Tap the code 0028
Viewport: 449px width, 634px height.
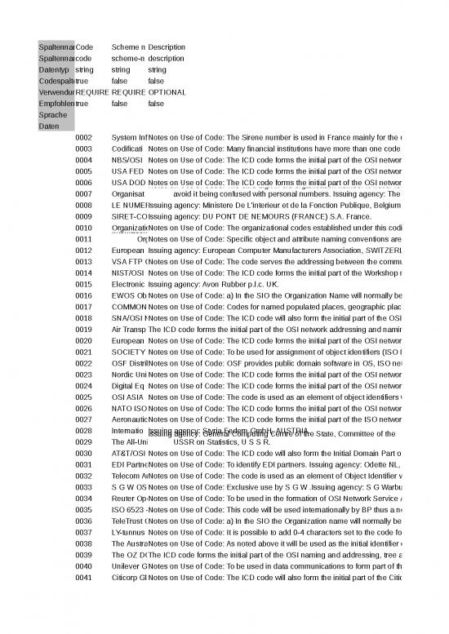pos(83,430)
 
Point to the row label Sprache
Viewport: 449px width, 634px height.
pos(51,115)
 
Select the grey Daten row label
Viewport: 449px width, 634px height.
pos(48,126)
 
